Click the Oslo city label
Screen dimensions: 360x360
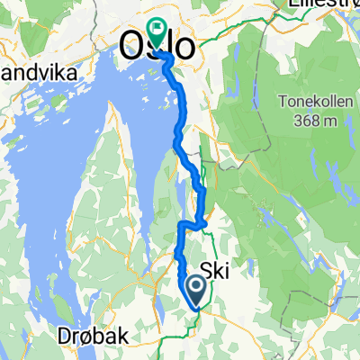pyautogui.click(x=157, y=47)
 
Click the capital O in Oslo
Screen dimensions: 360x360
pyautogui.click(x=131, y=47)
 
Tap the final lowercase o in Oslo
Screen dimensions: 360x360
pyautogui.click(x=184, y=47)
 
